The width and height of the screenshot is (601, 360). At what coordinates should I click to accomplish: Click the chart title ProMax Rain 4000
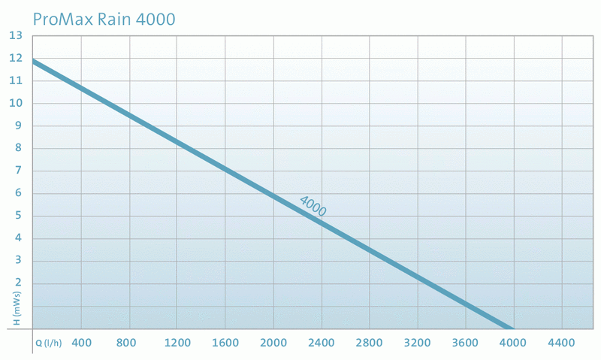click(105, 17)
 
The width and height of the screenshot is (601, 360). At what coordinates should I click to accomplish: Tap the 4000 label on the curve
click(313, 206)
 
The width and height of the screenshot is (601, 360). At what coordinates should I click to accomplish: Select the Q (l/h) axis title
click(49, 343)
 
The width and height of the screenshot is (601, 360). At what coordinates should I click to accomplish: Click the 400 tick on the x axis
click(81, 343)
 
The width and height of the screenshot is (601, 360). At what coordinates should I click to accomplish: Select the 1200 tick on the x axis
click(177, 343)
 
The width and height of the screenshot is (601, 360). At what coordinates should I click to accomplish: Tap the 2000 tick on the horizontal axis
click(273, 343)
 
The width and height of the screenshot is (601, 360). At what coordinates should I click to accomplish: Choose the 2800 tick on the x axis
click(370, 343)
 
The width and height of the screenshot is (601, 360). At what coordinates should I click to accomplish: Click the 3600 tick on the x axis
click(466, 343)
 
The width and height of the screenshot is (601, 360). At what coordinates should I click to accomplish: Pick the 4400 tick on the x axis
click(562, 343)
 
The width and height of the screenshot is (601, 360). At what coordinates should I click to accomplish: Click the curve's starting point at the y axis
click(34, 61)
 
